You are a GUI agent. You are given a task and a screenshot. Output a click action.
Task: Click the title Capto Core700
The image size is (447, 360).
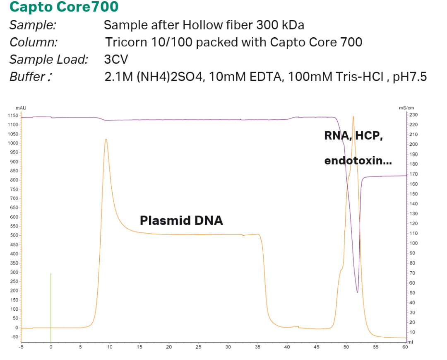click(64, 7)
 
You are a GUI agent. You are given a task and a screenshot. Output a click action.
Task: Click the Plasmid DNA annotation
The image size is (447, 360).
click(181, 220)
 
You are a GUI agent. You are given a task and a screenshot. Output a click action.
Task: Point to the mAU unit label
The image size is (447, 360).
click(21, 108)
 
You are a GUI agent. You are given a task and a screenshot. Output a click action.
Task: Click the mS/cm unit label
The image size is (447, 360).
click(404, 108)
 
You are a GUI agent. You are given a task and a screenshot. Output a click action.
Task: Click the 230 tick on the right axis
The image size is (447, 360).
click(413, 115)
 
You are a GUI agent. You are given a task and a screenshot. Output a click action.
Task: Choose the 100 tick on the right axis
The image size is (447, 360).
click(413, 243)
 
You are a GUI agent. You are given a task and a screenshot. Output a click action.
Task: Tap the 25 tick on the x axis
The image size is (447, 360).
click(199, 347)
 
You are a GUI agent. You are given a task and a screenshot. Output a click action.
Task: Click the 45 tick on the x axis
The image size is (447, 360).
click(317, 347)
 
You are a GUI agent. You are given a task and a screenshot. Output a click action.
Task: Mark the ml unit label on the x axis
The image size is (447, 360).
click(410, 342)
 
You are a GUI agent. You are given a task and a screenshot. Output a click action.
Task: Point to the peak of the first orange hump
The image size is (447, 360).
click(106, 139)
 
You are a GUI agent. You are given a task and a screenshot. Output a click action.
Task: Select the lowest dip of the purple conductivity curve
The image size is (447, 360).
click(357, 292)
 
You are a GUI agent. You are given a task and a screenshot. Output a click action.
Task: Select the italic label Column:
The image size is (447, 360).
click(34, 42)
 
